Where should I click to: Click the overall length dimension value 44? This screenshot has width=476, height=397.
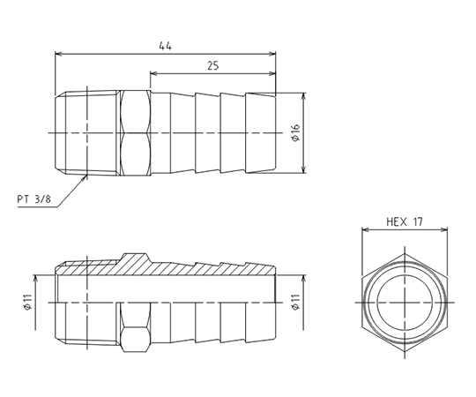coord(165,45)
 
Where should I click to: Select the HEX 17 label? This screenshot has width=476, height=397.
coord(405,223)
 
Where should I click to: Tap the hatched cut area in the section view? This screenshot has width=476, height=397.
coord(141,263)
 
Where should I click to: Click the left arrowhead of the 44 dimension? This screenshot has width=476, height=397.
coord(59,53)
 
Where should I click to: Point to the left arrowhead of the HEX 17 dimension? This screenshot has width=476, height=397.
coord(364,231)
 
